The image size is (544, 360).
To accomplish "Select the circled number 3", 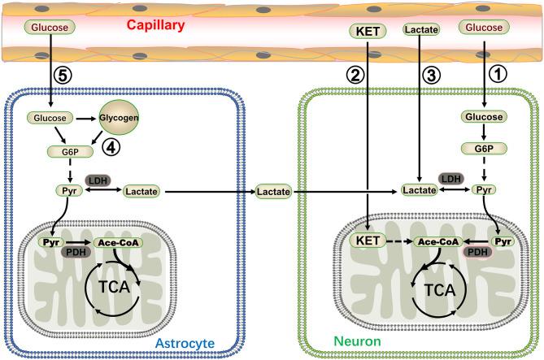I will pos(430,74).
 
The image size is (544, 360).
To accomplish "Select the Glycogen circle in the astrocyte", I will pos(119,119).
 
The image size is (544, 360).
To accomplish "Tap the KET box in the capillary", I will pos(368,31).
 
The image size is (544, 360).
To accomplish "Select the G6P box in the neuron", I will pos(484,150).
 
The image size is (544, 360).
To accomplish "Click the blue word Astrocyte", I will pos(186,345).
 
